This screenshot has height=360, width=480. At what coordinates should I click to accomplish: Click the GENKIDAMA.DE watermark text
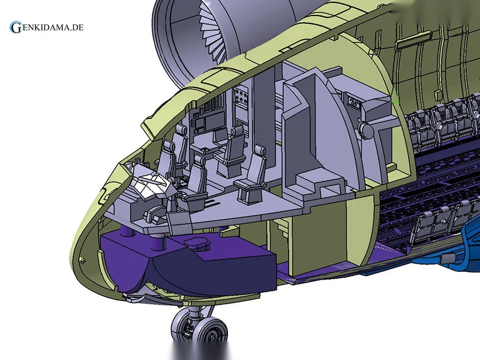47,27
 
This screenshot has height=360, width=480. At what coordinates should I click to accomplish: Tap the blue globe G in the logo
15,27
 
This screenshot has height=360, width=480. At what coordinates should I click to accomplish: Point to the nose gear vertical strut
196,312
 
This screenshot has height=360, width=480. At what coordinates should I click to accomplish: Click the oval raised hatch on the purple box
197,242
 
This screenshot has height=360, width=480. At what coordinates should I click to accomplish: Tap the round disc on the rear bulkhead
366,130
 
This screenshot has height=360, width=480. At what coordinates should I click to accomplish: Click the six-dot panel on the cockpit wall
241,95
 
